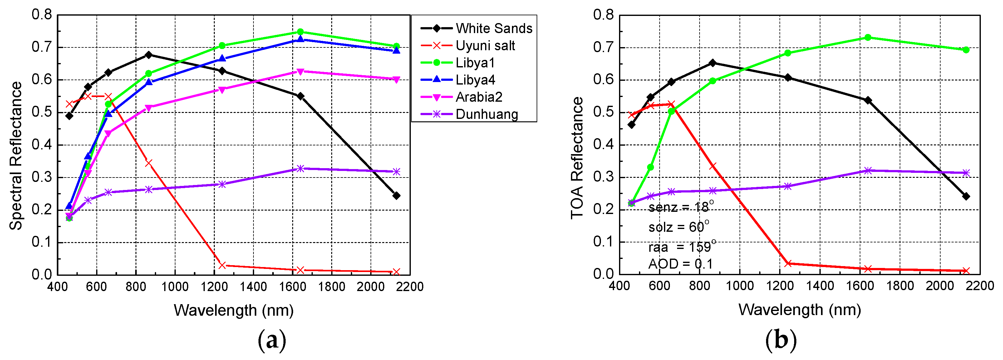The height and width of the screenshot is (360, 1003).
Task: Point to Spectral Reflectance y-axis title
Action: pyautogui.click(x=16, y=156)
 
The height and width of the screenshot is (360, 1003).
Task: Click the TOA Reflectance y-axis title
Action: pyautogui.click(x=577, y=158)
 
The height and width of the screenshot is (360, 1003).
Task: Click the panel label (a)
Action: pyautogui.click(x=272, y=340)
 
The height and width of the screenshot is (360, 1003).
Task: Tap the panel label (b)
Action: pyautogui.click(x=781, y=340)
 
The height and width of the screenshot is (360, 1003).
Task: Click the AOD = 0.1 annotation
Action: pyautogui.click(x=680, y=264)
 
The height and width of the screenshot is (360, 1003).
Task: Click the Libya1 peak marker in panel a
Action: pyautogui.click(x=300, y=32)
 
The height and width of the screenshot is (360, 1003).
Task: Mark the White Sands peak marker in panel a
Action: pyautogui.click(x=148, y=55)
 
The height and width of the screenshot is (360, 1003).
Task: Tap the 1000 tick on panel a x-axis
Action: pyautogui.click(x=175, y=287)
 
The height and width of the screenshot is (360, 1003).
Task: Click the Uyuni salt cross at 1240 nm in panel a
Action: pyautogui.click(x=222, y=265)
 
